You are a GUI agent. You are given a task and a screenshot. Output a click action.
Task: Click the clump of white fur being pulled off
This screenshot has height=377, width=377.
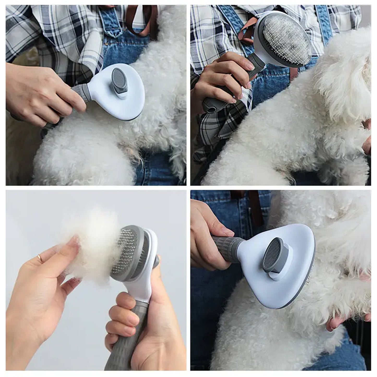click(90, 243)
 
